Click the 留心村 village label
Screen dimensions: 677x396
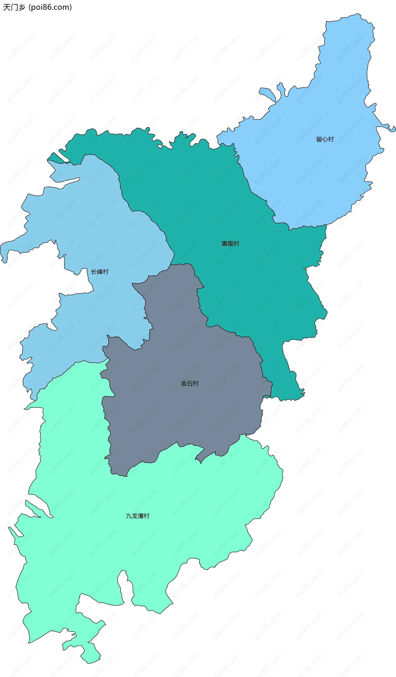click(x=325, y=139)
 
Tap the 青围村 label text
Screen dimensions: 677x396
click(x=230, y=244)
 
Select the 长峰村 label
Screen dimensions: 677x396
click(x=100, y=272)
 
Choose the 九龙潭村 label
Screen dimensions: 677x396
click(x=138, y=516)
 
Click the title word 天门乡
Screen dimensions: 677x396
click(x=14, y=7)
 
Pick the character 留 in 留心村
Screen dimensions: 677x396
click(x=319, y=139)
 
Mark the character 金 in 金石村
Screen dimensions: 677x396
click(x=184, y=383)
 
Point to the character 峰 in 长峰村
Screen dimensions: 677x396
click(x=100, y=272)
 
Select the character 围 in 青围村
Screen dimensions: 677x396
click(x=230, y=244)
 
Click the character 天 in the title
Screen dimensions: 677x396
click(x=6, y=7)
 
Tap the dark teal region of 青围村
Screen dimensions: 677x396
click(x=215, y=202)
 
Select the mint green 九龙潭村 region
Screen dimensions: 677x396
click(x=134, y=551)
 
